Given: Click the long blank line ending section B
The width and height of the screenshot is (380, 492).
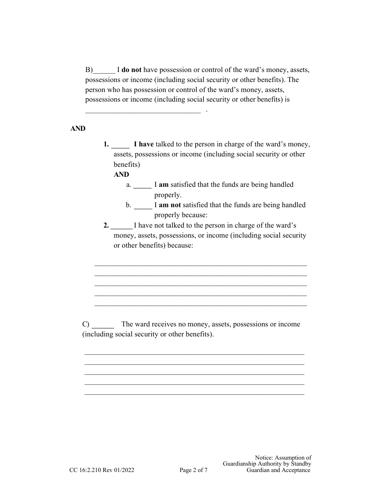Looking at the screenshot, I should click(x=143, y=112).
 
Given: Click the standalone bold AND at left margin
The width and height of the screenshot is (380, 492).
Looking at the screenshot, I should click(x=78, y=129).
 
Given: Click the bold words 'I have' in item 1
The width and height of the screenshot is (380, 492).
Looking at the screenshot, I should click(x=144, y=144).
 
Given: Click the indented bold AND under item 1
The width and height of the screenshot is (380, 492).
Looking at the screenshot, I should click(x=122, y=174).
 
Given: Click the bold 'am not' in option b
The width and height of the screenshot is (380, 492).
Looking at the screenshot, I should click(x=170, y=205).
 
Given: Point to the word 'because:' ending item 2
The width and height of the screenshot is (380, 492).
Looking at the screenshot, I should click(x=180, y=246).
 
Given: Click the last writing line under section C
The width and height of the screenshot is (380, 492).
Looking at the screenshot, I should click(x=194, y=394).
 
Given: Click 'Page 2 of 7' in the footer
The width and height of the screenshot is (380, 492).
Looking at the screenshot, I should click(x=194, y=470).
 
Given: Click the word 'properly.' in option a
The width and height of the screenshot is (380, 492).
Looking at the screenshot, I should click(x=168, y=195).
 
